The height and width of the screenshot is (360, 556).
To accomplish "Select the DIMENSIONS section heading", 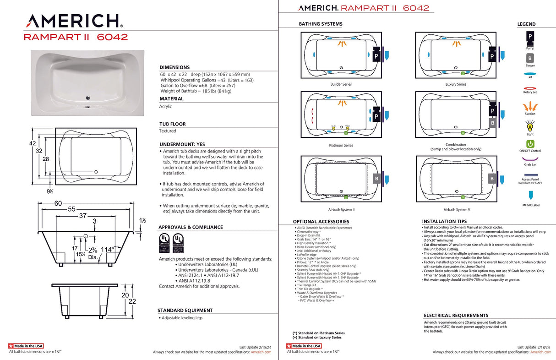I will click(174, 67).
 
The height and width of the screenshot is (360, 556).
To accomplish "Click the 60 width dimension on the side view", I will click(58, 203).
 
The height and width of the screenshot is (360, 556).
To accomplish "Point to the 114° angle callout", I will click(107, 249).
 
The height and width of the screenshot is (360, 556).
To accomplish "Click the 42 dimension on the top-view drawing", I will click(33, 143).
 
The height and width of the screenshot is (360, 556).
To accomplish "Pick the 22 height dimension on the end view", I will click(132, 301).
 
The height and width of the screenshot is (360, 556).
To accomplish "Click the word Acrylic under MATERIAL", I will click(165, 106).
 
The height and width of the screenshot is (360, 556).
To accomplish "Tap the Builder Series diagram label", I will click(341, 84).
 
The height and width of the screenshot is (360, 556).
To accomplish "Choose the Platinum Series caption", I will click(341, 145).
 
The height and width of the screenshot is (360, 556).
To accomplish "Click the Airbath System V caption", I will click(456, 209).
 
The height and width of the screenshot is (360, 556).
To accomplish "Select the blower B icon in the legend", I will click(530, 58).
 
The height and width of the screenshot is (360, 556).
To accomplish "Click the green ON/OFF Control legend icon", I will click(530, 144).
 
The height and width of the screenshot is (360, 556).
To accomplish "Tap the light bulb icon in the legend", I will click(530, 125).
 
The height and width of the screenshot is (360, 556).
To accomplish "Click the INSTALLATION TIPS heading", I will click(444, 221).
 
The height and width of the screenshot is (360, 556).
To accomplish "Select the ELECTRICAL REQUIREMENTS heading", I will click(456, 316).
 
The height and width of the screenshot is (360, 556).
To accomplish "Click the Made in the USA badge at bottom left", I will click(26, 346).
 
